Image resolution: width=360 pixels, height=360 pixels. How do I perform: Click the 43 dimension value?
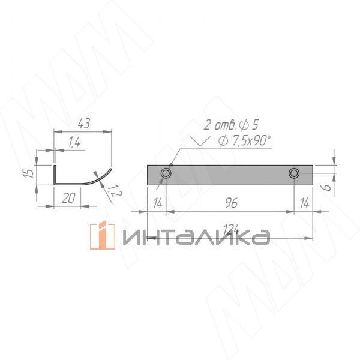pos(84,123)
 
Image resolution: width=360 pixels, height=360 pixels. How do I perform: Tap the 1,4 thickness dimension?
pos(74,142)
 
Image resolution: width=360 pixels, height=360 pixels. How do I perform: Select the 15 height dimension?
pos(29,173)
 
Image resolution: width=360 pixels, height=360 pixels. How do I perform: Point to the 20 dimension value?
pos(68,198)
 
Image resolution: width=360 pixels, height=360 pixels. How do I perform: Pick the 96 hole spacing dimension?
pos(231,203)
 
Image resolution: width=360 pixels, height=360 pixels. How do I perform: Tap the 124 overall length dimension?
pos(231,229)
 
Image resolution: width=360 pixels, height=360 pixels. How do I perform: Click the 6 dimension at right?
pos(327,187)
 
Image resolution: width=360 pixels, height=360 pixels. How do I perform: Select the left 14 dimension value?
pos(158,203)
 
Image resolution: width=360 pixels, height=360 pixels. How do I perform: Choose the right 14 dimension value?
pos(304,203)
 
